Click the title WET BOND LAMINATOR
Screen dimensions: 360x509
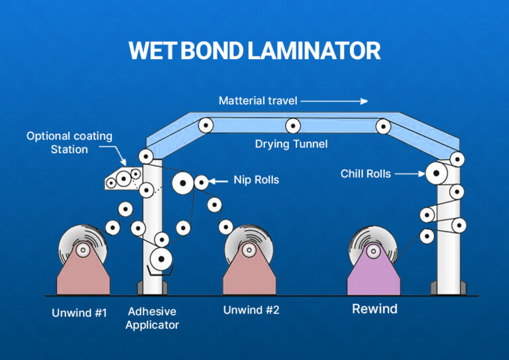point(254,50)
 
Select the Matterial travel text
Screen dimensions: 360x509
point(258,101)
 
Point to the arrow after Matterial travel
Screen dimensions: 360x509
point(335,101)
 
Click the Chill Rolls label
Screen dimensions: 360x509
point(365,174)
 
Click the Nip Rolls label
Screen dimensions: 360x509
point(256,180)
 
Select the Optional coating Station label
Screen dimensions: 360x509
point(69,143)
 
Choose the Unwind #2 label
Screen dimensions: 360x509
point(251,310)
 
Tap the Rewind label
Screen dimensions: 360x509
point(374,309)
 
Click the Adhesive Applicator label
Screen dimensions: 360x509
point(152,318)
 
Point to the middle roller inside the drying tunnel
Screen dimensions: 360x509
point(293,125)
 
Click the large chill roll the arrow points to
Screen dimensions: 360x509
point(436,174)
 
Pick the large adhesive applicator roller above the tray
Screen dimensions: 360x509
point(160,257)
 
